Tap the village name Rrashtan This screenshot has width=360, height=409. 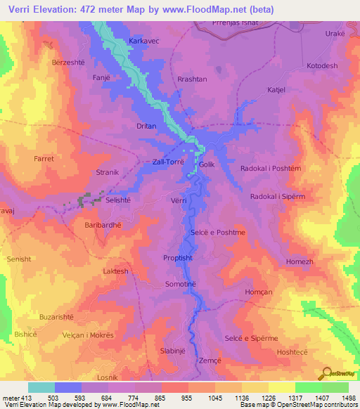coord(192,79)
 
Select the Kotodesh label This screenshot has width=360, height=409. coord(322,66)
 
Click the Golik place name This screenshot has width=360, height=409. coord(206,164)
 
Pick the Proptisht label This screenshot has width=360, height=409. coord(177,258)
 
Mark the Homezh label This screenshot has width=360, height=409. coord(300,261)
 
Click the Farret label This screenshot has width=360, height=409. coord(44,159)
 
